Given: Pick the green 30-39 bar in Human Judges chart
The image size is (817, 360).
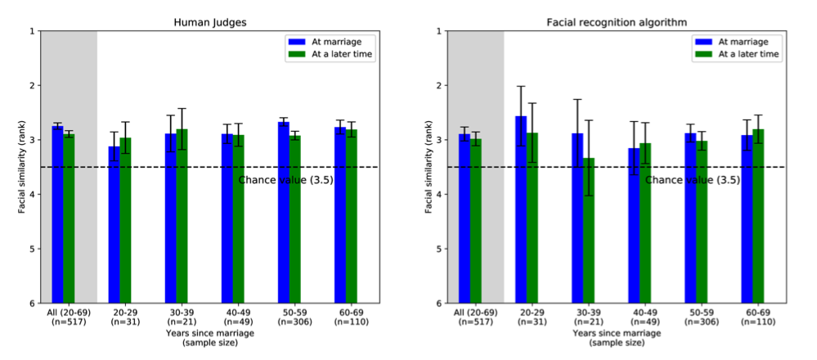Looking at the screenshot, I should pyautogui.click(x=182, y=216).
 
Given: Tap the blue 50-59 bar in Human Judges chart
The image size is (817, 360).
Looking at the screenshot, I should pyautogui.click(x=283, y=213).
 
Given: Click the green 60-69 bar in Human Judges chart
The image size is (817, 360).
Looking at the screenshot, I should pyautogui.click(x=351, y=216).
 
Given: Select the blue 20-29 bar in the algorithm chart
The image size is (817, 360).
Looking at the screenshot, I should pyautogui.click(x=521, y=209).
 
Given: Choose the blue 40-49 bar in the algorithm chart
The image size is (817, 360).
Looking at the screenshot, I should pyautogui.click(x=634, y=226).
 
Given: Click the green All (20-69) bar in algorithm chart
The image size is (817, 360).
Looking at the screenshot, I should pyautogui.click(x=476, y=221).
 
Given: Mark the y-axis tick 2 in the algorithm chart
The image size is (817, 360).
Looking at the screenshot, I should pyautogui.click(x=441, y=86).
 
